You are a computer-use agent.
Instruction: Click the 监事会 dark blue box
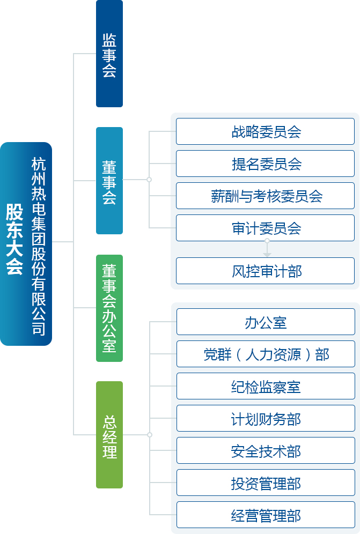tap(109, 54)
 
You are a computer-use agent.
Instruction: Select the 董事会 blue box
tap(109, 181)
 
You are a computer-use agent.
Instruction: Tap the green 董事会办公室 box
tap(109, 308)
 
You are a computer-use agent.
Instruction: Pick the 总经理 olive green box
tap(109, 435)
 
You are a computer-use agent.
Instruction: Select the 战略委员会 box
tap(266, 132)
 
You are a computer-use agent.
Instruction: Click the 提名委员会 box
tap(266, 164)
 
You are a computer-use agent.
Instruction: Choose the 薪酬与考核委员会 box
tap(266, 196)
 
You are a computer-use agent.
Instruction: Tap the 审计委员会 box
tap(266, 228)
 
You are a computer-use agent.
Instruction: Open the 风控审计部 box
tap(266, 271)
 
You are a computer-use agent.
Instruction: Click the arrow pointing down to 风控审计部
tap(267, 249)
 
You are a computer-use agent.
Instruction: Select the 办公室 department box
tap(266, 322)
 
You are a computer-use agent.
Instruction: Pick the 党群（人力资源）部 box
tap(266, 354)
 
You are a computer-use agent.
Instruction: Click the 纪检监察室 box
tap(266, 387)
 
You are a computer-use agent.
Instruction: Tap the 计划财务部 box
tap(266, 419)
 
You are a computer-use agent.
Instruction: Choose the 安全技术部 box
tap(266, 451)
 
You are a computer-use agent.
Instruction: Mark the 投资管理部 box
tap(266, 483)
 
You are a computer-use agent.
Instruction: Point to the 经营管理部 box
tap(266, 515)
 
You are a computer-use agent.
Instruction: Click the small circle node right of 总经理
tap(150, 435)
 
